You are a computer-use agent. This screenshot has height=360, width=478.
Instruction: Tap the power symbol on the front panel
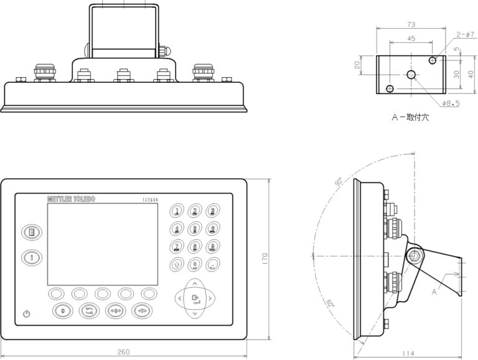(26, 313)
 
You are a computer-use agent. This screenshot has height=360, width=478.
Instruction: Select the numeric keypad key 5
(195, 229)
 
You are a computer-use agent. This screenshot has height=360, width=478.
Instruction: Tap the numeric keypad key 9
(213, 247)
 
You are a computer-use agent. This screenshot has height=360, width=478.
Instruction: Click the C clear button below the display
(62, 310)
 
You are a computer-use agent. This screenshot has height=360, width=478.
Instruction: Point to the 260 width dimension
(123, 352)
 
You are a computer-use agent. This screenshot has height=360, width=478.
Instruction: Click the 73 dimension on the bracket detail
(411, 24)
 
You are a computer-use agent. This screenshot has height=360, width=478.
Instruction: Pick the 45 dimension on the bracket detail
(411, 39)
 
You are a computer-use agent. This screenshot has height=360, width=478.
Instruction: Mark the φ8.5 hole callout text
(450, 103)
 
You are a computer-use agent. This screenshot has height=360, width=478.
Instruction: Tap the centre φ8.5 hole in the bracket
(411, 75)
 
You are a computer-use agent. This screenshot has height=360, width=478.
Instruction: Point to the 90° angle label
(338, 182)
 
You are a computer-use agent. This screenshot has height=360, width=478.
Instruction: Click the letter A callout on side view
(434, 290)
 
